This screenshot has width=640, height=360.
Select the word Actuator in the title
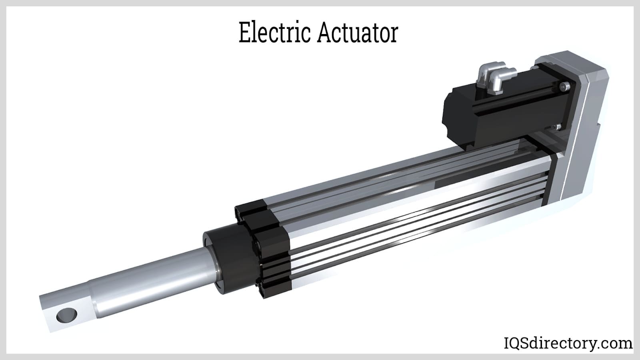coord(358,33)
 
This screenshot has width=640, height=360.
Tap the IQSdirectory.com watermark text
coord(567,343)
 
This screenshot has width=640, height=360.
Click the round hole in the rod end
coord(66,316)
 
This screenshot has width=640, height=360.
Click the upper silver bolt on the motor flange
coord(564,86)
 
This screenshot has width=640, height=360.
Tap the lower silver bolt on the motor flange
coord(558,127)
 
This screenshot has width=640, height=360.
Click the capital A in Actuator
coord(326,33)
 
